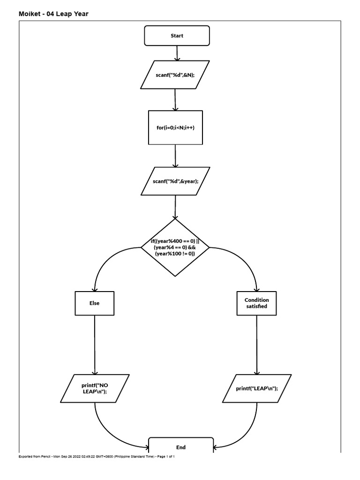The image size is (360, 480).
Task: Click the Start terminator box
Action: (x=177, y=36)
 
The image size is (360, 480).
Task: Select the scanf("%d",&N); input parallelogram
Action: (x=175, y=75)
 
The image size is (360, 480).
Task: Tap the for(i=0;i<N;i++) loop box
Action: (x=175, y=127)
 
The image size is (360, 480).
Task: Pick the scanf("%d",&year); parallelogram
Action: (x=176, y=181)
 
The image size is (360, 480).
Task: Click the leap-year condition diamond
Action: (x=175, y=247)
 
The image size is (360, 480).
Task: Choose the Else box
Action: (x=95, y=303)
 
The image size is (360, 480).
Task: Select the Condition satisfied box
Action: (x=257, y=303)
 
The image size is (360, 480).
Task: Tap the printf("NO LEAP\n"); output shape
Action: (x=95, y=389)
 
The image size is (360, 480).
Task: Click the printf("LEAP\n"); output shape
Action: (x=257, y=389)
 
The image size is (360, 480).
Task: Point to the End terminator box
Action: (x=181, y=447)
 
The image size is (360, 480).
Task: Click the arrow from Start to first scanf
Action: (x=177, y=53)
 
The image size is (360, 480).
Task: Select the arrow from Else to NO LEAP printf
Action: (x=95, y=345)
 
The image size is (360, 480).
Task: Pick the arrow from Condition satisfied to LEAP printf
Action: (x=257, y=345)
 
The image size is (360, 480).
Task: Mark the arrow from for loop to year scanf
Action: (x=175, y=156)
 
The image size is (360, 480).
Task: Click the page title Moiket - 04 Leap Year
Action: (x=53, y=14)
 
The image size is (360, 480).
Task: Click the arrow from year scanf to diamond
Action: (x=175, y=207)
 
